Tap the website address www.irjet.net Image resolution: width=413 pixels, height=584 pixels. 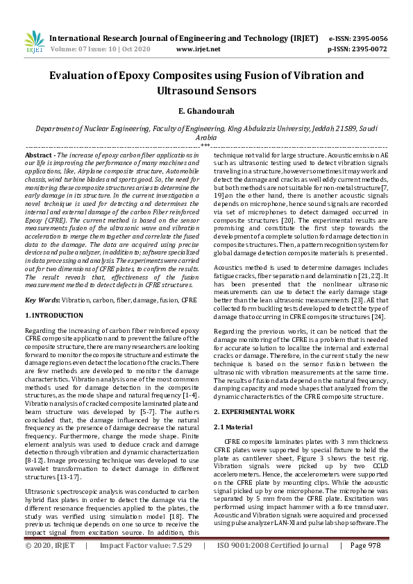tap(199, 49)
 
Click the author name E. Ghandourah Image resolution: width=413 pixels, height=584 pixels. tap(206, 112)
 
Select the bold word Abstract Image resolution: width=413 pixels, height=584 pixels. tap(40, 155)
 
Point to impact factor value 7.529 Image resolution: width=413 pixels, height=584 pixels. tap(181, 565)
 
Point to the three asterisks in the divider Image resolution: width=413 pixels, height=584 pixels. tap(205, 146)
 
